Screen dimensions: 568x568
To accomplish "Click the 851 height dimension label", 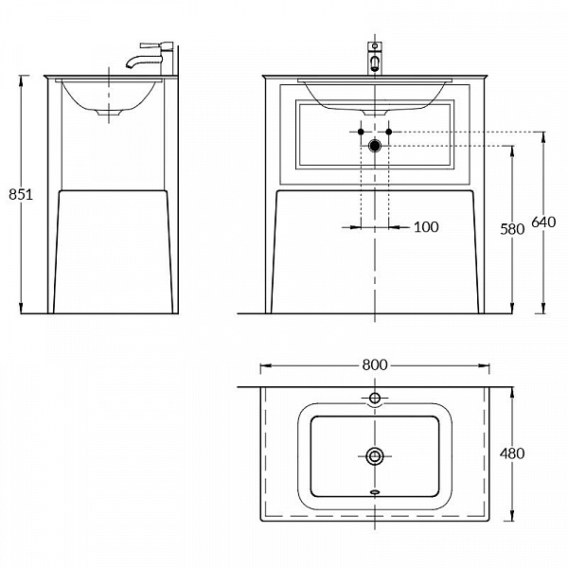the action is (21, 195).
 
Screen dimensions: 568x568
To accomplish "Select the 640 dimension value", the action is (543, 222).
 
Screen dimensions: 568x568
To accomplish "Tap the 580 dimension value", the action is (512, 229).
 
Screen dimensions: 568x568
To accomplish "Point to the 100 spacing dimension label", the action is (426, 227).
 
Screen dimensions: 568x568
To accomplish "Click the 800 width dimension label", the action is (375, 364).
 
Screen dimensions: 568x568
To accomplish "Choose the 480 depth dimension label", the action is (512, 453).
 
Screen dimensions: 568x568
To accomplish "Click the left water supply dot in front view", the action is (361, 132).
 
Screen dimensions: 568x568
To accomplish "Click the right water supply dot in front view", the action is (389, 132).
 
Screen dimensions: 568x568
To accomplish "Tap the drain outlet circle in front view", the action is (375, 146).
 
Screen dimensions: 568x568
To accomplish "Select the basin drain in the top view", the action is (375, 456).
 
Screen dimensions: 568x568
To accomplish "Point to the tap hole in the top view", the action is (375, 399).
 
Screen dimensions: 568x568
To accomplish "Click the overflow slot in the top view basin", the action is (375, 492).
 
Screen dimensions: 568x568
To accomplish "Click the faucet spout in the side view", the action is (141, 60).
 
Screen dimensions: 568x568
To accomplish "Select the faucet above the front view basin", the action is (375, 58).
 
